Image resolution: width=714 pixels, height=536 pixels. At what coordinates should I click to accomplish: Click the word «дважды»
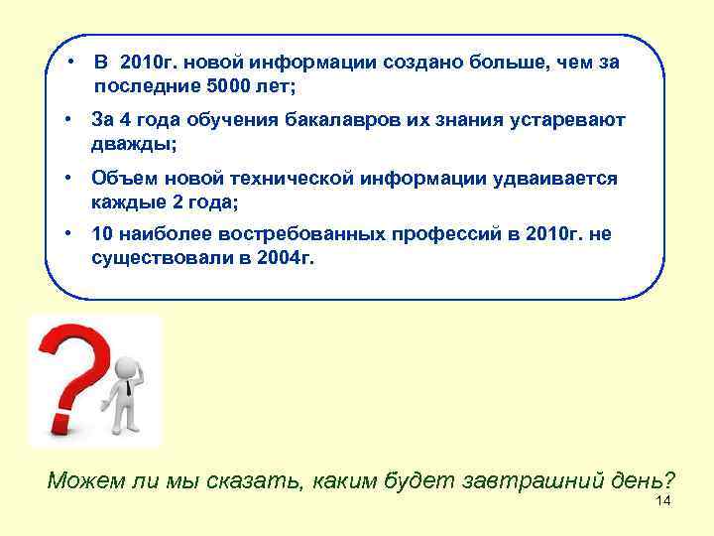point(133,144)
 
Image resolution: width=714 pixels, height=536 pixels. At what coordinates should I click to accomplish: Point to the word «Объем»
point(120,179)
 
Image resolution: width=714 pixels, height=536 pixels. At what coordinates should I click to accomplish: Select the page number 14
point(663,500)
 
